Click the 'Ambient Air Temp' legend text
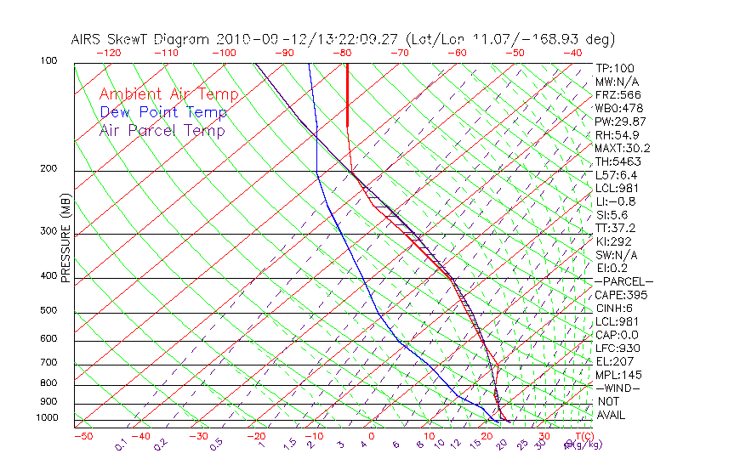(x=168, y=94)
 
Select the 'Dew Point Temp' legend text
(x=163, y=112)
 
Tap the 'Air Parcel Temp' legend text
(x=162, y=130)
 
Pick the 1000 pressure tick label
(x=48, y=418)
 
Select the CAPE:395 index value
(x=618, y=295)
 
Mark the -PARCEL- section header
(x=623, y=281)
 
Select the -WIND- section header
(x=618, y=388)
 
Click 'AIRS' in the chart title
(x=88, y=39)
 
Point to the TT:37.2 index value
(x=614, y=228)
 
